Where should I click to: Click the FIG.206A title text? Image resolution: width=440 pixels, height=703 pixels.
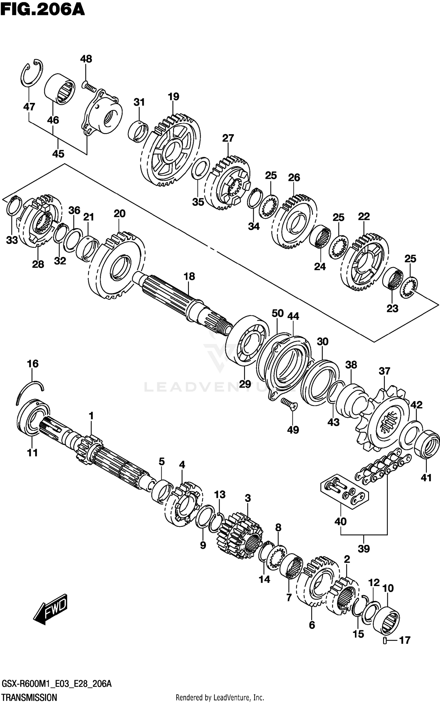point(43,10)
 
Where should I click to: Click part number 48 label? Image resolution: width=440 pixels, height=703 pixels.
point(86,59)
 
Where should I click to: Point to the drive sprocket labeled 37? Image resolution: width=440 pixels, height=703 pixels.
point(384,420)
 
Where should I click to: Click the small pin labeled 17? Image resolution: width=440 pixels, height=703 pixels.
point(385,640)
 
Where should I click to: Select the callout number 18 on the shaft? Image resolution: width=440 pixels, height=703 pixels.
point(189,276)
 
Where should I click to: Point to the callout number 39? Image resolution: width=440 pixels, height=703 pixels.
point(364,549)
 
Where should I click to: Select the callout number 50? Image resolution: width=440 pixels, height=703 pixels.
point(277,313)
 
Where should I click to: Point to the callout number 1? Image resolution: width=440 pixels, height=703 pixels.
point(91,416)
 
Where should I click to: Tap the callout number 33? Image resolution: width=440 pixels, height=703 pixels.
point(12,240)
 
